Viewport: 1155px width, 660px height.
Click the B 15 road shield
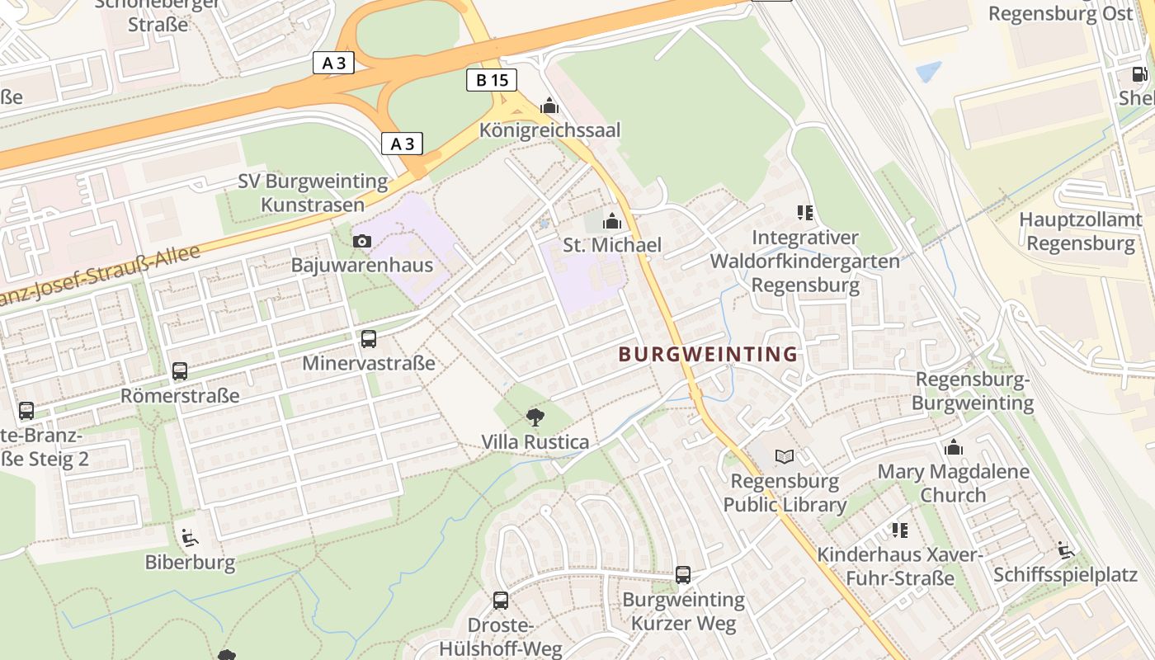point(492,80)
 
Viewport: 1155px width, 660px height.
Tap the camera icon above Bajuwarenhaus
point(361,242)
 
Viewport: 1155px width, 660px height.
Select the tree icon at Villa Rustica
point(535,417)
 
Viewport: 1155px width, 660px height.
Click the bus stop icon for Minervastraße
point(369,339)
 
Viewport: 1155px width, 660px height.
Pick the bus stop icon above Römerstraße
point(180,371)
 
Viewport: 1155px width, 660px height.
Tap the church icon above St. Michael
point(612,221)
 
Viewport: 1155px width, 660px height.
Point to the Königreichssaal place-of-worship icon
point(549,106)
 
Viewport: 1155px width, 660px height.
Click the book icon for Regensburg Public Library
point(785,457)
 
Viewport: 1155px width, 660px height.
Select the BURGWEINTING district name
point(708,355)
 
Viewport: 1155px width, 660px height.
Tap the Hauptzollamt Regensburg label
point(1081,232)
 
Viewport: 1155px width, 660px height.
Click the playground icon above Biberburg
point(190,539)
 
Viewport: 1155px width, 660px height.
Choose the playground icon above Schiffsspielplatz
point(1065,550)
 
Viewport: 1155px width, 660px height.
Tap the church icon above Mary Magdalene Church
point(954,448)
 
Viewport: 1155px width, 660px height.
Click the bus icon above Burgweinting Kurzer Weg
point(683,575)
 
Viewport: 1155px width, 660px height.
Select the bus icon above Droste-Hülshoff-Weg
point(501,601)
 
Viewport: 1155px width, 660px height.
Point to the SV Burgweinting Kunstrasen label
point(313,192)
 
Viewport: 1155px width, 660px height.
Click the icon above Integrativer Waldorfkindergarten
point(805,214)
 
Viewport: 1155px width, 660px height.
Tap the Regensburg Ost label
point(1061,14)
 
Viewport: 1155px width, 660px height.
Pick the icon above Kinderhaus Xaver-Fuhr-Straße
point(899,530)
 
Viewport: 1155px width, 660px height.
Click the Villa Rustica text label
point(535,442)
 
